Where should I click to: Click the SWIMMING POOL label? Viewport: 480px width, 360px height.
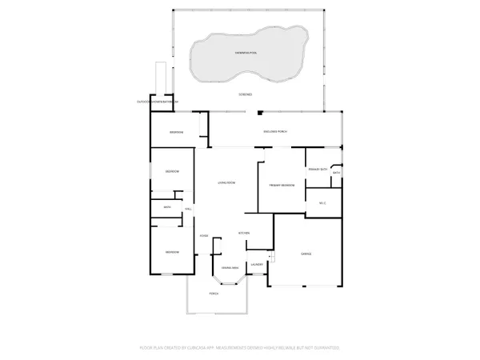(246, 52)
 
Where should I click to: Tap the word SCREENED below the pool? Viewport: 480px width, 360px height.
(246, 94)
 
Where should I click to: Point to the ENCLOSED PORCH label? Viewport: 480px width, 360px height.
(274, 131)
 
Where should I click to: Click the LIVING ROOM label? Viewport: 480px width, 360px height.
(226, 183)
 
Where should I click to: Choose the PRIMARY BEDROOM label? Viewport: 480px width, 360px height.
(282, 186)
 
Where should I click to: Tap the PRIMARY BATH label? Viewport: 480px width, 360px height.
(317, 169)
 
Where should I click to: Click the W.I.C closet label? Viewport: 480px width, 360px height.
(322, 203)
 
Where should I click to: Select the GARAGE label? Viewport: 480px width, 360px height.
(306, 254)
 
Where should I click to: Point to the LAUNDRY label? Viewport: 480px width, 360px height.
(257, 264)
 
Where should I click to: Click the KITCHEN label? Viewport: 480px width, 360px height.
(245, 233)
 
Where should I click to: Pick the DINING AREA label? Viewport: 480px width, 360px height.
(230, 267)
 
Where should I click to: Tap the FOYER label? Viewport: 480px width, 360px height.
(204, 236)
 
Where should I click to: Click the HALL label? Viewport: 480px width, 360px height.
(188, 210)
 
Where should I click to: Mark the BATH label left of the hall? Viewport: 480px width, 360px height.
(167, 208)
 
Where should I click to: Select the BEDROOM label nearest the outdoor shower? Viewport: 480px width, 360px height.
(177, 132)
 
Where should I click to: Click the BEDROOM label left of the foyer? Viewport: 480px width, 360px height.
(172, 252)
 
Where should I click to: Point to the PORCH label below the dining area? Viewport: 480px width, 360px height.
(214, 294)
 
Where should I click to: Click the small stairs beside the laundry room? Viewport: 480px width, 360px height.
(271, 257)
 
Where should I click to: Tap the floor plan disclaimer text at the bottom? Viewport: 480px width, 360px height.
(240, 348)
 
